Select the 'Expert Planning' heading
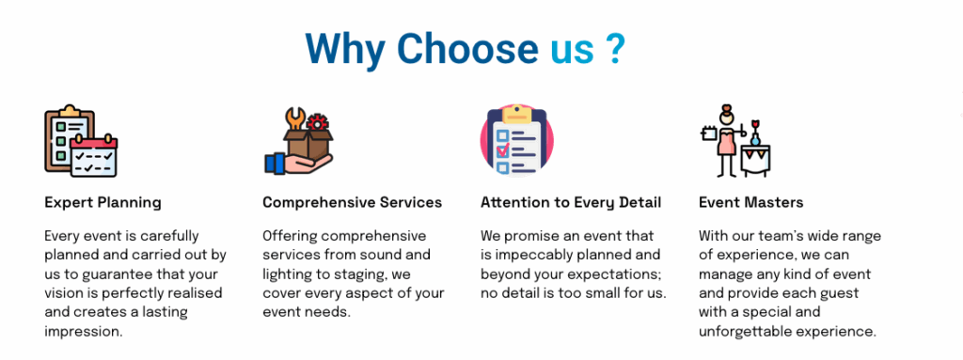(x=103, y=202)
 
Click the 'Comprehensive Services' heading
(x=352, y=202)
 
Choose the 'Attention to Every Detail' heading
(x=571, y=202)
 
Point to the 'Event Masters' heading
(x=750, y=202)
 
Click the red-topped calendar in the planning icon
(x=93, y=156)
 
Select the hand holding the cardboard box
(x=298, y=164)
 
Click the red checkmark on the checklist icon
(x=503, y=149)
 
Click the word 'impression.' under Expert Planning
(x=84, y=332)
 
